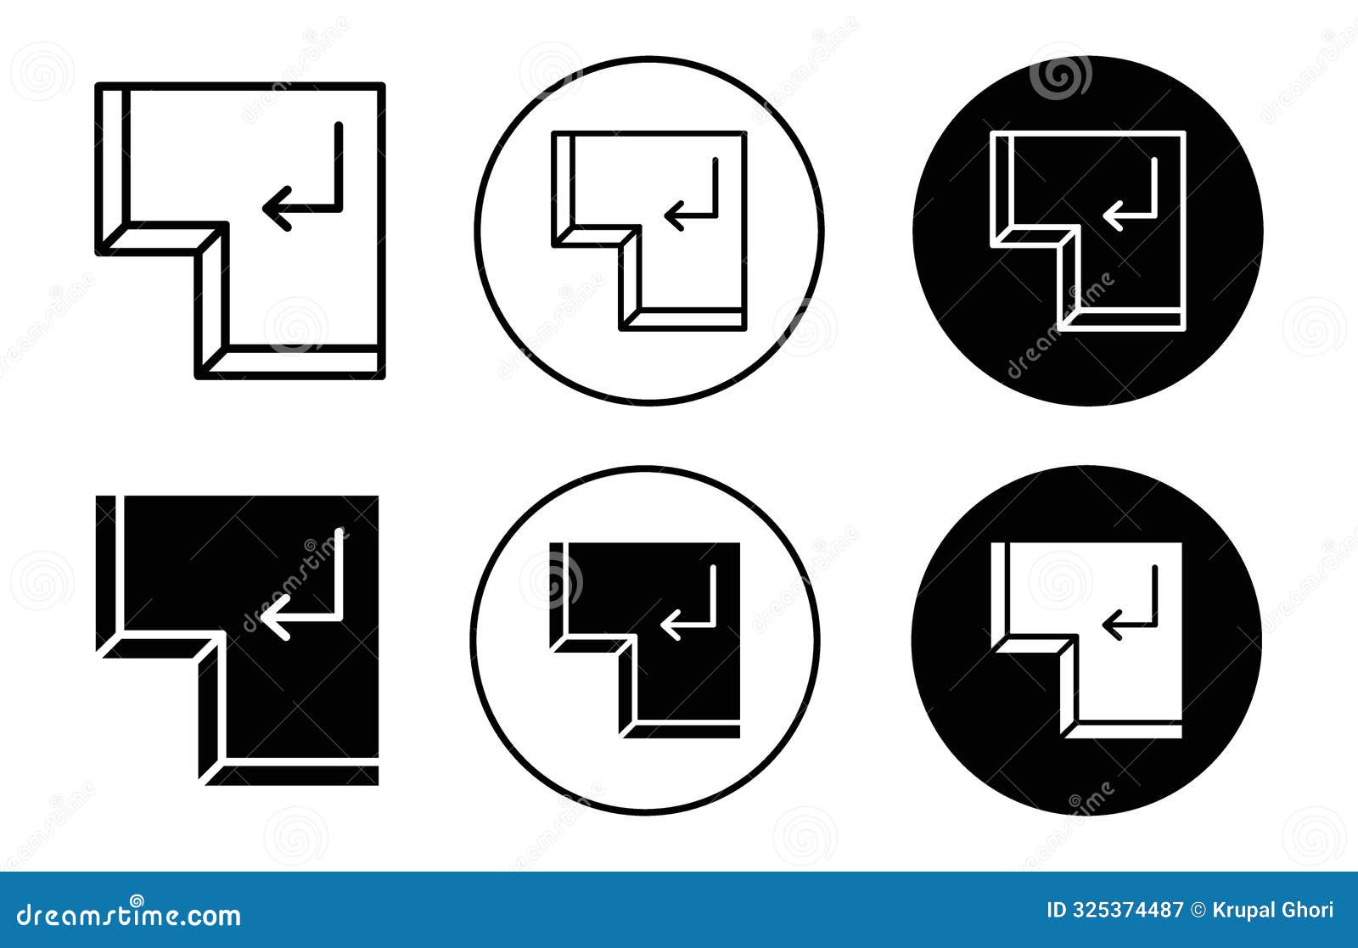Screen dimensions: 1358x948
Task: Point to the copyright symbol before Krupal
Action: click(1198, 911)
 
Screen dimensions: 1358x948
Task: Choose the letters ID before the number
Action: click(1057, 910)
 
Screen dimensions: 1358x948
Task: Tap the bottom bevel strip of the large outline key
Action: click(295, 362)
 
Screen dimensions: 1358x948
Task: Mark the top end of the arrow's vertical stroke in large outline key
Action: click(339, 126)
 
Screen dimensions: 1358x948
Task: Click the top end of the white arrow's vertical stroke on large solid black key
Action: click(339, 531)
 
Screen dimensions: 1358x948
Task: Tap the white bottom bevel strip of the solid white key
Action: click(1123, 732)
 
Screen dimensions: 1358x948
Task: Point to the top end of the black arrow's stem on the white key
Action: click(1154, 568)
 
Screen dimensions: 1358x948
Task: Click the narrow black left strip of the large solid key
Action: click(105, 573)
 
